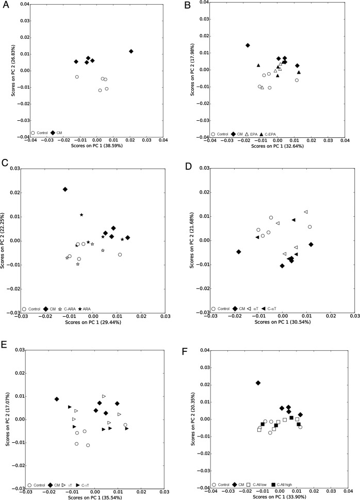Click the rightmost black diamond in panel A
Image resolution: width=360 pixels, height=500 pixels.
point(131,51)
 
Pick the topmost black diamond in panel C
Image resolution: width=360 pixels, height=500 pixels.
point(65,189)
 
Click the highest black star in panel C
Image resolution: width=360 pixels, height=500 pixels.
point(81,215)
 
